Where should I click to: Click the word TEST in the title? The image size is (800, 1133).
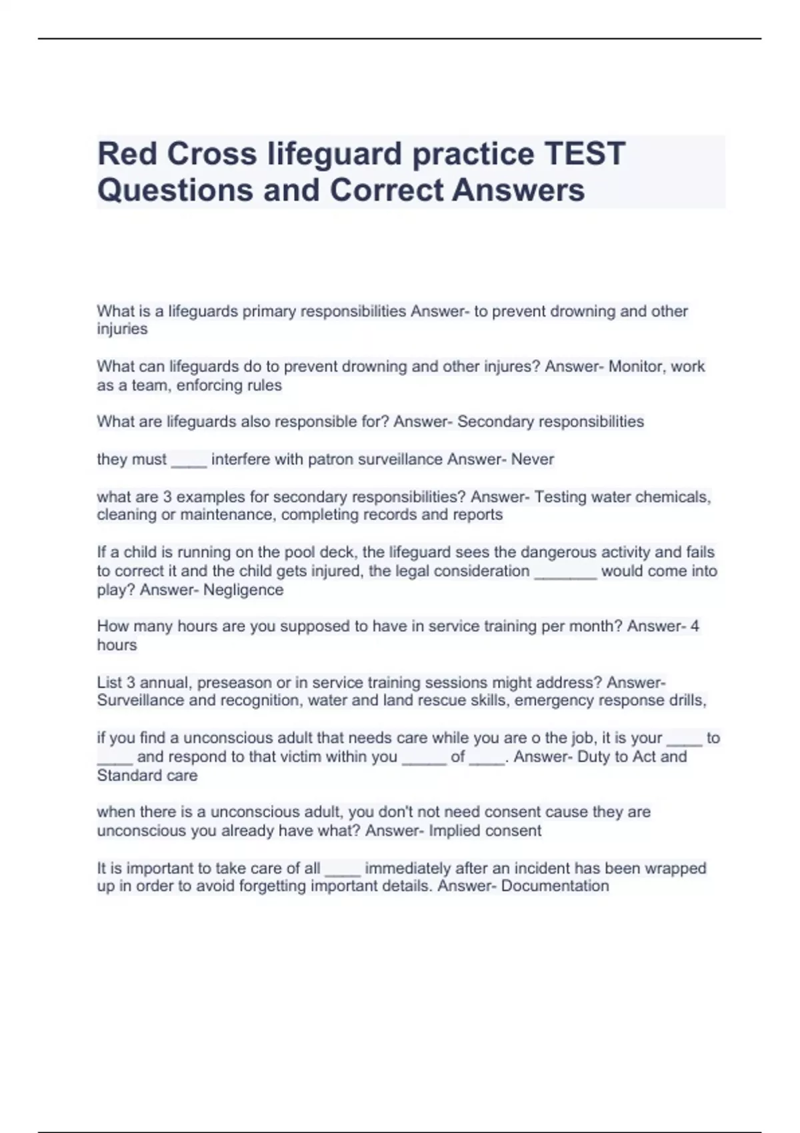(x=585, y=153)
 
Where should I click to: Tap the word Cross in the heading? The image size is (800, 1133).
(x=211, y=153)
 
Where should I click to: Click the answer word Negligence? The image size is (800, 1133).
(x=243, y=590)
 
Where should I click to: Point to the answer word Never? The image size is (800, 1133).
(x=533, y=459)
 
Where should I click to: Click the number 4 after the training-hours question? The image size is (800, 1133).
(x=695, y=626)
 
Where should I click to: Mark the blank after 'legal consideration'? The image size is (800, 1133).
(x=565, y=572)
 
